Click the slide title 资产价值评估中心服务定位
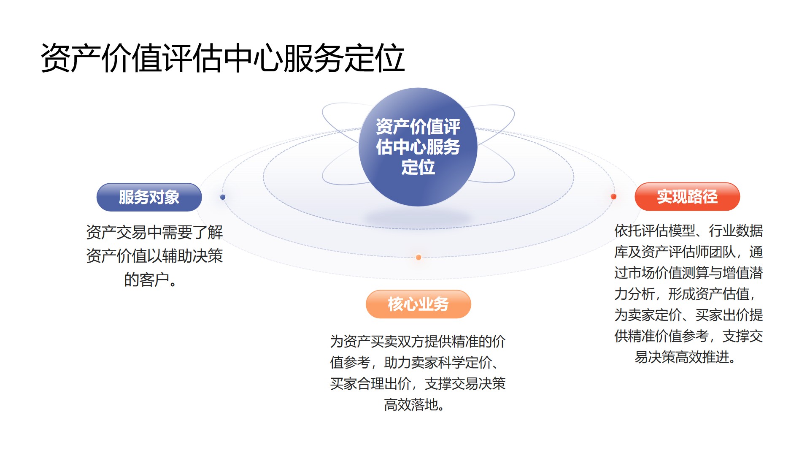click(x=223, y=58)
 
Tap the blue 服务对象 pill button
click(x=149, y=197)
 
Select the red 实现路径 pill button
click(x=687, y=197)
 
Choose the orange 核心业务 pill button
click(x=418, y=304)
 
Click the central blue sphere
click(x=418, y=147)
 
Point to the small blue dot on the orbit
click(x=223, y=197)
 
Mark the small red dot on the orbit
click(x=613, y=197)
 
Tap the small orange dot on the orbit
click(x=418, y=258)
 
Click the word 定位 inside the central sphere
click(x=418, y=167)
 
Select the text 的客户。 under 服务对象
click(x=151, y=280)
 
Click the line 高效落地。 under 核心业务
click(x=414, y=405)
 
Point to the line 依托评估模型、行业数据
click(x=688, y=231)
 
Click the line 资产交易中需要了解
click(x=154, y=232)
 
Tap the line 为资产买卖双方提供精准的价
click(x=418, y=341)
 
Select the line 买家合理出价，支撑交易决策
click(x=418, y=383)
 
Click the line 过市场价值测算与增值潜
click(x=688, y=273)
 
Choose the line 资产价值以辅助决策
click(x=154, y=256)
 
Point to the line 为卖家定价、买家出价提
click(x=688, y=315)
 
